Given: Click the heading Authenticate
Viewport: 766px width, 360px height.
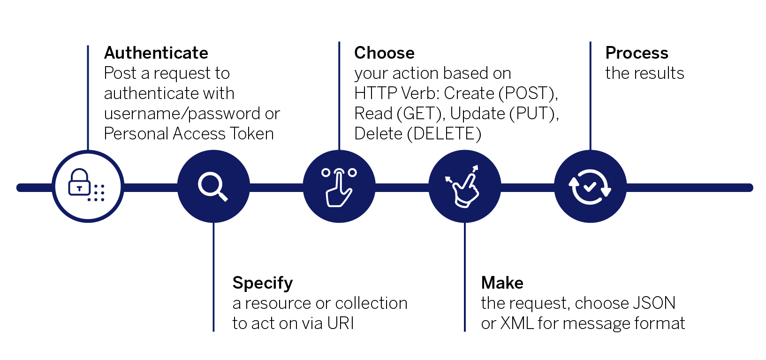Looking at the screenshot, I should coord(156,53).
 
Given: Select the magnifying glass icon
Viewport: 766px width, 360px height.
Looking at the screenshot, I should coord(213,186).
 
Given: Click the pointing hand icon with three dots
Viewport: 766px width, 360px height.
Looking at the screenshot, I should coord(339,187).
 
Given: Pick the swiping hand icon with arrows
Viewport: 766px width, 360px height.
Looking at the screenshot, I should coord(463,187).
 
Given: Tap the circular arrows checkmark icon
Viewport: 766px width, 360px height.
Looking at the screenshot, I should coord(590,187).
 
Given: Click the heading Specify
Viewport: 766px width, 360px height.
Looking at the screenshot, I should coord(262,283).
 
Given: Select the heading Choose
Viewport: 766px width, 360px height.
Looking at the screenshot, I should coord(384,53).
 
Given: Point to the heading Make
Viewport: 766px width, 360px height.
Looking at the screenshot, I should coord(502,283).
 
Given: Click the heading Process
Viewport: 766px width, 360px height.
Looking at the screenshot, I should coord(637,53).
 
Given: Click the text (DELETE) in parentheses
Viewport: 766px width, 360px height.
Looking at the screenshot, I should coord(444,134).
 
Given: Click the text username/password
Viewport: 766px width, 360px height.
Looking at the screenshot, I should coord(182,114).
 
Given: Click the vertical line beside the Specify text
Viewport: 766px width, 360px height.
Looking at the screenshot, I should coord(213,282).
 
